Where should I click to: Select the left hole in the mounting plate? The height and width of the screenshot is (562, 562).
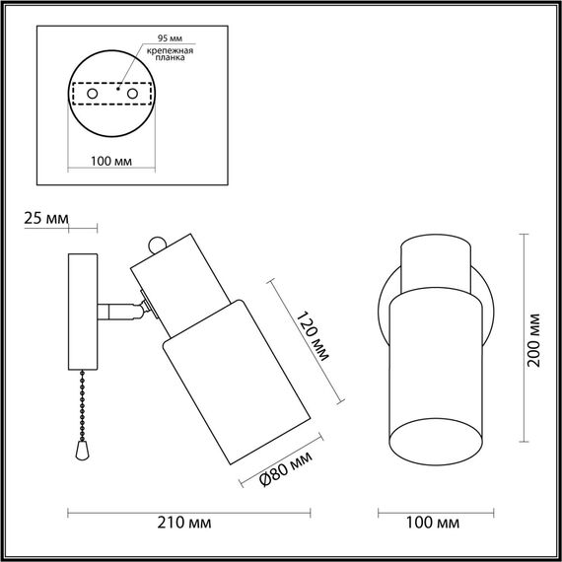[x=93, y=92]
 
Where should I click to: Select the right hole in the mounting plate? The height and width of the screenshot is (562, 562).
[x=128, y=92]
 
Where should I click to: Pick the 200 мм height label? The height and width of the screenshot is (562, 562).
[x=535, y=338]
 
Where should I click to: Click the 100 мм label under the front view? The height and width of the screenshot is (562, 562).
[x=434, y=521]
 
